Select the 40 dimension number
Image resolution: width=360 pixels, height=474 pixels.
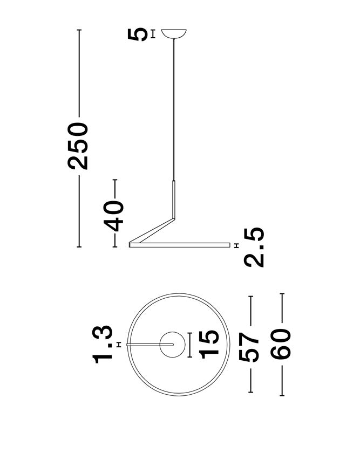point(115,214)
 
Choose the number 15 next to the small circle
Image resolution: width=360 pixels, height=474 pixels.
point(209,344)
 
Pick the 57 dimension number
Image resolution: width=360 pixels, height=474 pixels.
point(250,346)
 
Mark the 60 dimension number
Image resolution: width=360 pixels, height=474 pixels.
point(282,346)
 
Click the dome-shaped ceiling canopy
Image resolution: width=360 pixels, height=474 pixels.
point(174,33)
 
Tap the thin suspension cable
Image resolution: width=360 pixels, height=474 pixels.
point(174,108)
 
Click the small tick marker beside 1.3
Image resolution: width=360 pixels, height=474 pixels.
point(118,344)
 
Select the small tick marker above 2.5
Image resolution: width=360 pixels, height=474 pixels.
point(237,246)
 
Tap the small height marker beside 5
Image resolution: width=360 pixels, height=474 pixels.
point(154,34)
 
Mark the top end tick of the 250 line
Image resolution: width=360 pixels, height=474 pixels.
point(79,30)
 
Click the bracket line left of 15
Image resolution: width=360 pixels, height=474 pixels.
point(190,344)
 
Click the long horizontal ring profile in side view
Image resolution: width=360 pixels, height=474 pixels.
point(178,246)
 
